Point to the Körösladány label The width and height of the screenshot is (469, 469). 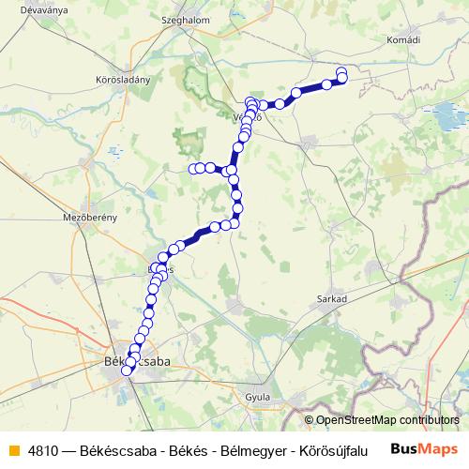click(x=123, y=80)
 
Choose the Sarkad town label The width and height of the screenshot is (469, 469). click(x=333, y=298)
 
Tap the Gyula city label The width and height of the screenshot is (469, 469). click(x=257, y=397)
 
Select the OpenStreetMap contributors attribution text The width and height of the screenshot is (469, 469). click(x=387, y=420)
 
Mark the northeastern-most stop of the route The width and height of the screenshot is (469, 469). click(x=341, y=71)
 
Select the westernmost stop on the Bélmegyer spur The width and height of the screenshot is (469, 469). click(x=193, y=169)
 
